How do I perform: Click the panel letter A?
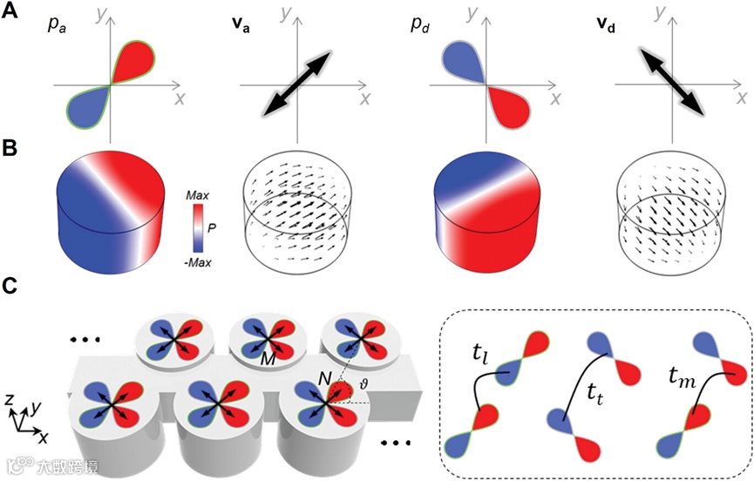pos(10,15)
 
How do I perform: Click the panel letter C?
pos(10,287)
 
